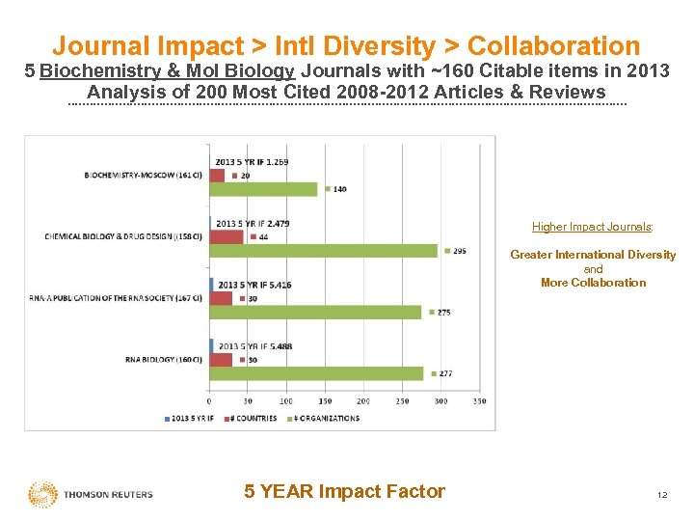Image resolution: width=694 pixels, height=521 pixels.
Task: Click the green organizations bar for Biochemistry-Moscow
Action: pyautogui.click(x=263, y=189)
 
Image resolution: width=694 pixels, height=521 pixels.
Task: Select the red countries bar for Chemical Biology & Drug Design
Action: pyautogui.click(x=227, y=236)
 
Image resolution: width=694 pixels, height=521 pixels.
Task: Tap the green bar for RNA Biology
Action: pyautogui.click(x=316, y=373)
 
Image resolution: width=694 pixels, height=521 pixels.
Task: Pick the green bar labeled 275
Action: pyautogui.click(x=315, y=312)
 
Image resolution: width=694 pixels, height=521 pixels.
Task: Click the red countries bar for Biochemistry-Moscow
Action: pyautogui.click(x=217, y=176)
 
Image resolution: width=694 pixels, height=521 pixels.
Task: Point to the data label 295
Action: pyautogui.click(x=460, y=251)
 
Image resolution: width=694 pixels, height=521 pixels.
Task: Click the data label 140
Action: pyautogui.click(x=339, y=189)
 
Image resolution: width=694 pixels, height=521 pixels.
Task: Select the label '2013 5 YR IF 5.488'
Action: pyautogui.click(x=254, y=346)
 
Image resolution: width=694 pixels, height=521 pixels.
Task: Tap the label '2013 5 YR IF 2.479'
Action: pyautogui.click(x=253, y=224)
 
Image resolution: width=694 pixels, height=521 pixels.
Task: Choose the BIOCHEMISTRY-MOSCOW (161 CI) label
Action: pyautogui.click(x=144, y=176)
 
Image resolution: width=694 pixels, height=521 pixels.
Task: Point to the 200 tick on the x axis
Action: pyautogui.click(x=363, y=400)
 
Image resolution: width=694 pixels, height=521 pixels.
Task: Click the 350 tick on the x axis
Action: pyautogui.click(x=479, y=400)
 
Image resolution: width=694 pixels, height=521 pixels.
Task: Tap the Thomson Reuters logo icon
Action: pyautogui.click(x=42, y=495)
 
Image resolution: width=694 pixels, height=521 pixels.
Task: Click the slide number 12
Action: pyautogui.click(x=661, y=495)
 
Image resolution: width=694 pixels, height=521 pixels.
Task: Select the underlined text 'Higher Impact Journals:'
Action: pyautogui.click(x=593, y=228)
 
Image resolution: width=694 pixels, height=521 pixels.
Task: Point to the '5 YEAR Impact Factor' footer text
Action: pyautogui.click(x=345, y=491)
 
